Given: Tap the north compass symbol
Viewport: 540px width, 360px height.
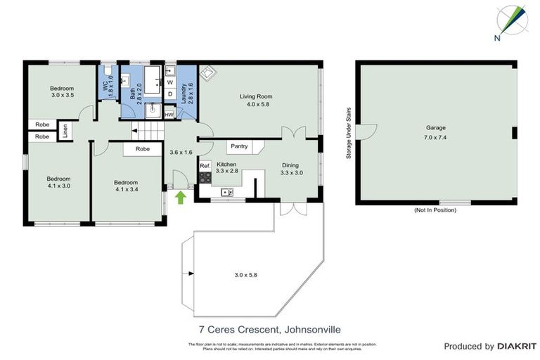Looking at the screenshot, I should [x=511, y=21].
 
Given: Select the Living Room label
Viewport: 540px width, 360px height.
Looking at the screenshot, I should [x=255, y=100].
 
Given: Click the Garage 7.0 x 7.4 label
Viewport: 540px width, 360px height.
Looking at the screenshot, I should [x=435, y=132].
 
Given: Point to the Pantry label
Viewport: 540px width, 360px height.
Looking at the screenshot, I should [x=239, y=146].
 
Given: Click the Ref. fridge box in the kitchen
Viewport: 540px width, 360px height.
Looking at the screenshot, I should [x=205, y=166].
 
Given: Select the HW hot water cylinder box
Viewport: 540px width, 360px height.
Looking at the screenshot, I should [x=169, y=115].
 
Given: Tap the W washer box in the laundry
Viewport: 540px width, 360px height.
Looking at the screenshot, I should [x=170, y=82].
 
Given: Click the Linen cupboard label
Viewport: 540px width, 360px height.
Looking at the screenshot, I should [x=65, y=131].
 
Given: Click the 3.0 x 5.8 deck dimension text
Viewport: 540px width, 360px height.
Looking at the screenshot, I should [x=246, y=274].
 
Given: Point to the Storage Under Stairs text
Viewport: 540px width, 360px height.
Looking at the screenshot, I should [x=348, y=133].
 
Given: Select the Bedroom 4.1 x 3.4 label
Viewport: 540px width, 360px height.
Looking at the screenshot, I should [x=127, y=185].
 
